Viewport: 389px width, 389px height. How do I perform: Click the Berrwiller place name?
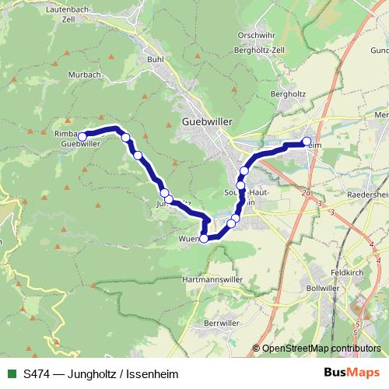tap(219, 322)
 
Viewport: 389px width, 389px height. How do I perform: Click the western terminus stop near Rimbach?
tap(81, 136)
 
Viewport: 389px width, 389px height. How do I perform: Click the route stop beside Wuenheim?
tap(205, 238)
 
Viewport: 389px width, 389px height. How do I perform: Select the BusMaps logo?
tap(352, 373)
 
